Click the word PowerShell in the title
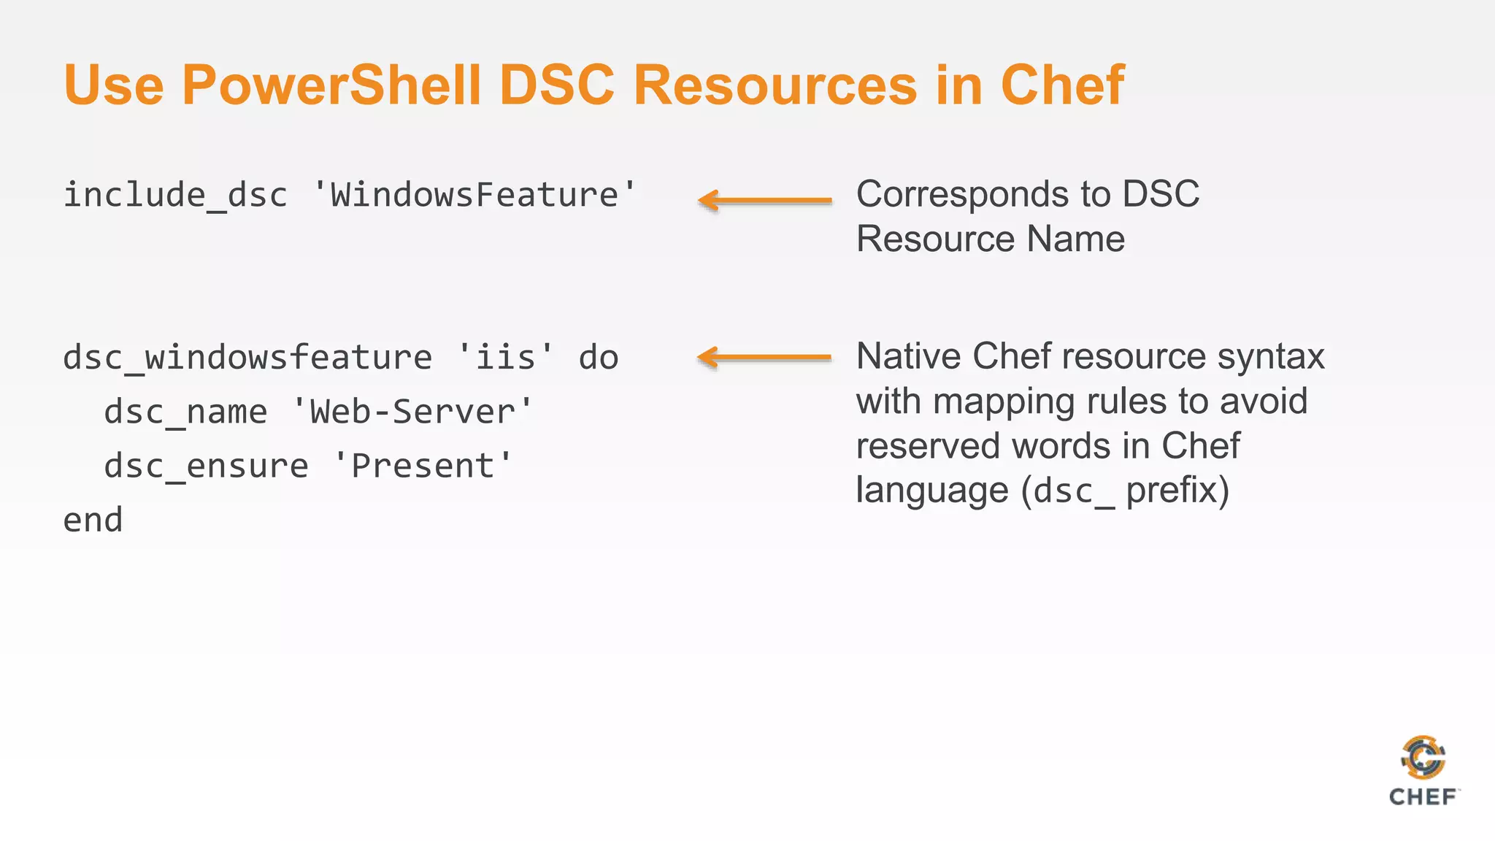(331, 85)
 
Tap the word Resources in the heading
(774, 85)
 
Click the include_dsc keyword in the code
(175, 196)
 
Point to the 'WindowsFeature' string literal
(474, 196)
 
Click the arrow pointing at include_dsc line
(764, 200)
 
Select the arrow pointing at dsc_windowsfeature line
(764, 357)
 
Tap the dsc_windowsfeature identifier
(247, 358)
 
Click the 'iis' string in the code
(505, 358)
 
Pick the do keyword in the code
(599, 358)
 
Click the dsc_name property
(185, 412)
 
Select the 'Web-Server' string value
(412, 412)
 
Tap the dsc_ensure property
(206, 466)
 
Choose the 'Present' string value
(423, 466)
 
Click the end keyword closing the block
(93, 521)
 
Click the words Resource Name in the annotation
(990, 239)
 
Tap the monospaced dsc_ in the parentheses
(1074, 491)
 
